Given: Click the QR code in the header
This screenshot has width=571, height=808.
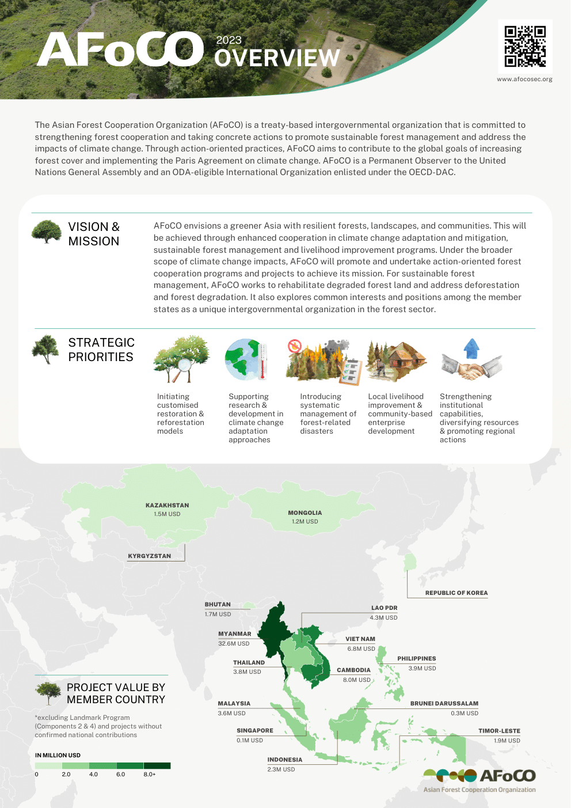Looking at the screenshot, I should click(525, 46).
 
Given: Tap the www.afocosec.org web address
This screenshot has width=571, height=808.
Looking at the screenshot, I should click(524, 79).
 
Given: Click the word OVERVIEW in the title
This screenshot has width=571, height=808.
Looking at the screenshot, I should click(277, 58).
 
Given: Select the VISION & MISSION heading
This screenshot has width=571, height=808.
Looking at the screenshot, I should click(94, 234).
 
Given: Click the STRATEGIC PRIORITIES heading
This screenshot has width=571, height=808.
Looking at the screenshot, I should click(101, 350).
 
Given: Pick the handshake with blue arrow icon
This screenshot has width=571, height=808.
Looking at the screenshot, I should click(471, 361).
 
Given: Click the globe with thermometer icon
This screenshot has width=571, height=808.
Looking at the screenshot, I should click(246, 360).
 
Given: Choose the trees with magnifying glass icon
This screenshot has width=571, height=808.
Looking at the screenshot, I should click(181, 360).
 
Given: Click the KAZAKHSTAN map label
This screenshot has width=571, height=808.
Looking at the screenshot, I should click(167, 505).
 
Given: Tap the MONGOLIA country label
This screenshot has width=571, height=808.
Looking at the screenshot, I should click(304, 513).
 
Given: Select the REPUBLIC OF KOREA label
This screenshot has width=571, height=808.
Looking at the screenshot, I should click(456, 593).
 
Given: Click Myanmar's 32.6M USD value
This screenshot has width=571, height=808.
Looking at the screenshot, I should click(234, 643).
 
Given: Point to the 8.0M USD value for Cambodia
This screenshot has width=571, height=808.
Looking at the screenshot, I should click(357, 680).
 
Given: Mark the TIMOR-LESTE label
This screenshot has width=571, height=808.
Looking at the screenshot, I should click(499, 731).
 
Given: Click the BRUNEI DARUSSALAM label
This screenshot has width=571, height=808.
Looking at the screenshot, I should click(444, 703).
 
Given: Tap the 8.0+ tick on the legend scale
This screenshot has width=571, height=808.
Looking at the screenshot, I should click(150, 775).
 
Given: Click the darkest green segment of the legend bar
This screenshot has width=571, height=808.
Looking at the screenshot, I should click(157, 765).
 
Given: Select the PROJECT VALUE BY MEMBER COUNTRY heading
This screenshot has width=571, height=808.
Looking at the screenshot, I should click(116, 693).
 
